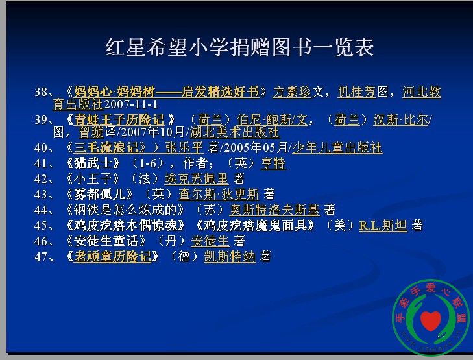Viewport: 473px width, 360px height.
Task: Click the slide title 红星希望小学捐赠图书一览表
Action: pos(240,47)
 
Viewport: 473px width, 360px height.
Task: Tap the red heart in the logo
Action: pos(430,321)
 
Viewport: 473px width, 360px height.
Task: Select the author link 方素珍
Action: pos(292,91)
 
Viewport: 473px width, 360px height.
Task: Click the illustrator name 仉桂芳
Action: pos(357,91)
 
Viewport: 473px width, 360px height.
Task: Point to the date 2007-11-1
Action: pos(130,104)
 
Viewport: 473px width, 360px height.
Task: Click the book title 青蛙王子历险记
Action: pos(119,120)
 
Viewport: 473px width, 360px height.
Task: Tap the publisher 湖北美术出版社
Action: pos(234,132)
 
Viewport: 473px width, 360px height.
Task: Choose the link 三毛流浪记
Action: pos(106,147)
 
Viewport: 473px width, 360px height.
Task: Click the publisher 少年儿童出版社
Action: pos(337,147)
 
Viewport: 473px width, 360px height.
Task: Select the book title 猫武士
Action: pos(93,163)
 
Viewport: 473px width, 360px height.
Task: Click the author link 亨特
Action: pos(273,163)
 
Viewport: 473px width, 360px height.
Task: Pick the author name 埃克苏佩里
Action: pos(197,179)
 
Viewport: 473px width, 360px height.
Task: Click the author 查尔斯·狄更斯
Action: pos(219,194)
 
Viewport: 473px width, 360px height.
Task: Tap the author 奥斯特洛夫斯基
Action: pos(274,210)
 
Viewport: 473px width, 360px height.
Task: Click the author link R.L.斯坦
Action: pos(383,226)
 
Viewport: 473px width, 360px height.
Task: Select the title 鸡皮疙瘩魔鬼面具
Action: pos(255,226)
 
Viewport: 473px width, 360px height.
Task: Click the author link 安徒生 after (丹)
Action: pos(210,241)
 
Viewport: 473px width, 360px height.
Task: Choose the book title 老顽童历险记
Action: pos(112,257)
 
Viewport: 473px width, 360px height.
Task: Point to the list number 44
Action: pos(41,210)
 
